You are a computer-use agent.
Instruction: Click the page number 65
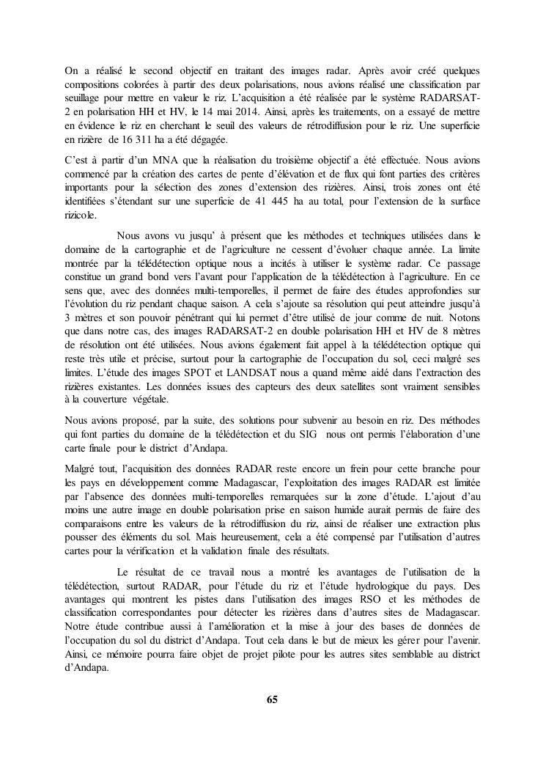pos(273,699)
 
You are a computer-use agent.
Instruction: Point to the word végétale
pos(149,400)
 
